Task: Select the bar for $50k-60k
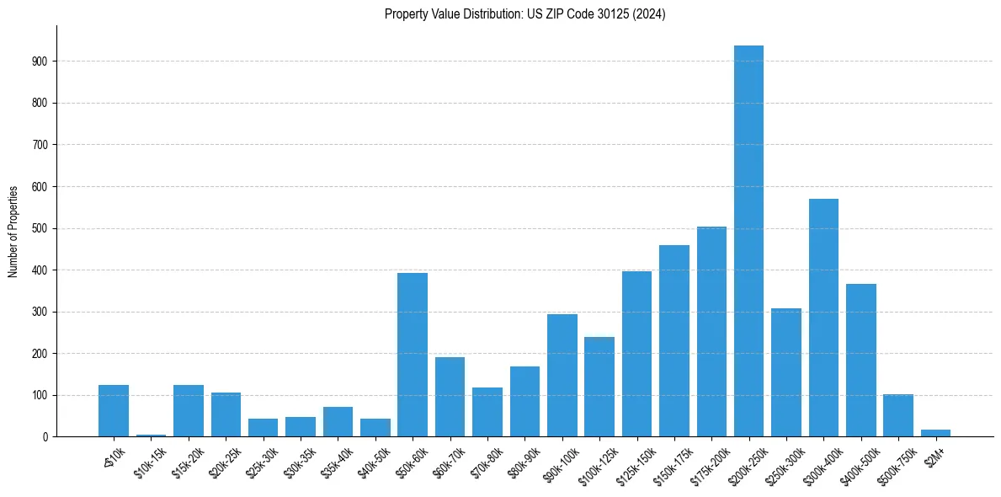[413, 355]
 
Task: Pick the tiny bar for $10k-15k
[151, 435]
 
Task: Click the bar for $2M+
[935, 433]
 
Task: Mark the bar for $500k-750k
[898, 415]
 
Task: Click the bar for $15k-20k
[189, 410]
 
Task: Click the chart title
[524, 14]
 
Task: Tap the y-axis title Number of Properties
[13, 231]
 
